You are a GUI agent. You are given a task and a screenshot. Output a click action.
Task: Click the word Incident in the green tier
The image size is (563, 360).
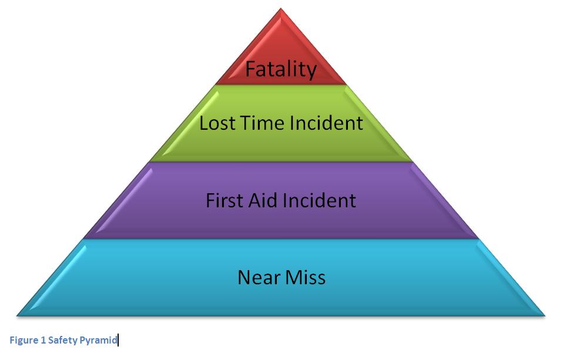coord(326,123)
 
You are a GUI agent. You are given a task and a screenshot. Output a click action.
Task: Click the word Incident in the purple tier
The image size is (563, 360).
coord(320,200)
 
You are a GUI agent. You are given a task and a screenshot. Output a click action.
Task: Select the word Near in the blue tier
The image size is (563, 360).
coord(259,277)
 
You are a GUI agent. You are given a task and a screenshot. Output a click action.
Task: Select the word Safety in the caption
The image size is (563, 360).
coord(62,340)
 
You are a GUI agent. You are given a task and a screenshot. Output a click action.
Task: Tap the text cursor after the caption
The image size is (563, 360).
coord(118,340)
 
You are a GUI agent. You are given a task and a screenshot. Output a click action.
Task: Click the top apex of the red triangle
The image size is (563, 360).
coord(281,8)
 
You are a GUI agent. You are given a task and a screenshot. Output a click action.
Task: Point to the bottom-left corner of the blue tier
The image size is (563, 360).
coord(17,316)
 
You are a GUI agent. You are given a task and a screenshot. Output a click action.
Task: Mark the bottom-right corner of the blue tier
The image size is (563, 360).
coord(545,316)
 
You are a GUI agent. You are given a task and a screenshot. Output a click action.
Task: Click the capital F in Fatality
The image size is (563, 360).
coord(250,69)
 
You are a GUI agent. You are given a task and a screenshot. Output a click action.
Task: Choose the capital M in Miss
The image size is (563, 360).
coord(293,277)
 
